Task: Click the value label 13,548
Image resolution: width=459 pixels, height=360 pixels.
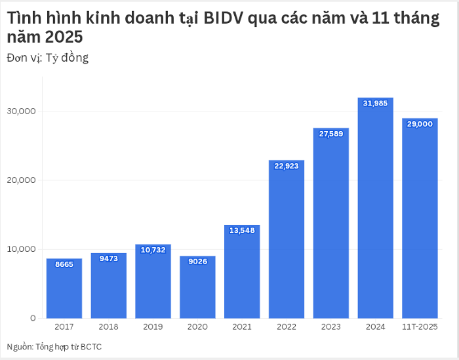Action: tap(242, 230)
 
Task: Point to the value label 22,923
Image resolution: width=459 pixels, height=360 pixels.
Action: tap(287, 166)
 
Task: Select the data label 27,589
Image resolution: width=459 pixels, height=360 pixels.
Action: tap(331, 134)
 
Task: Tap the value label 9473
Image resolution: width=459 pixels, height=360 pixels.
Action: tap(109, 258)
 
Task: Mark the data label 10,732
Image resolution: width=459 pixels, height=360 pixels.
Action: tap(153, 250)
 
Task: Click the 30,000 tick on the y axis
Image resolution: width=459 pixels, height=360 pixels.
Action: tap(21, 111)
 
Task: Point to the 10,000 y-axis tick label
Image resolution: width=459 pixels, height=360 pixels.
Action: tap(21, 249)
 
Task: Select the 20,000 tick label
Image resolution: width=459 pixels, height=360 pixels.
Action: tap(21, 180)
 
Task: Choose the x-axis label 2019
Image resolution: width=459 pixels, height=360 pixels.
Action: tap(153, 327)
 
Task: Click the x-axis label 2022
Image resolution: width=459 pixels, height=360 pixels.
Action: tap(287, 327)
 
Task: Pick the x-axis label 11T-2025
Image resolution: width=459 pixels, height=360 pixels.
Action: tap(420, 327)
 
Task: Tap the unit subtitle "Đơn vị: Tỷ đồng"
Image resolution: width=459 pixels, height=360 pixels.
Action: tap(47, 58)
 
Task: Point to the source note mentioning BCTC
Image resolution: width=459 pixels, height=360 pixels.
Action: tap(54, 347)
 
